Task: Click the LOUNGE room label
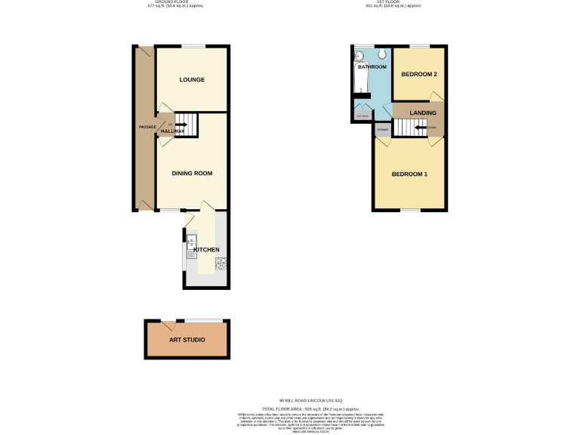(192, 79)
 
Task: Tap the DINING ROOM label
(192, 173)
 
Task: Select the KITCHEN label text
(206, 249)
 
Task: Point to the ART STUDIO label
(187, 340)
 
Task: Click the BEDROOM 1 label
(409, 174)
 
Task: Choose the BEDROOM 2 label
(419, 74)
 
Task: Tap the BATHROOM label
(372, 67)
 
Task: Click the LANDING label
(422, 113)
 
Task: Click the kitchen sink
(190, 243)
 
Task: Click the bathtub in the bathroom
(357, 79)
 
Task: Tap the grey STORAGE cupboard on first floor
(382, 130)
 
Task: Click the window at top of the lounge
(192, 47)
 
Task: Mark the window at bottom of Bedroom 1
(409, 210)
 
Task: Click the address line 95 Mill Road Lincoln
(311, 400)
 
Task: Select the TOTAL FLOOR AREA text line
(311, 408)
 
